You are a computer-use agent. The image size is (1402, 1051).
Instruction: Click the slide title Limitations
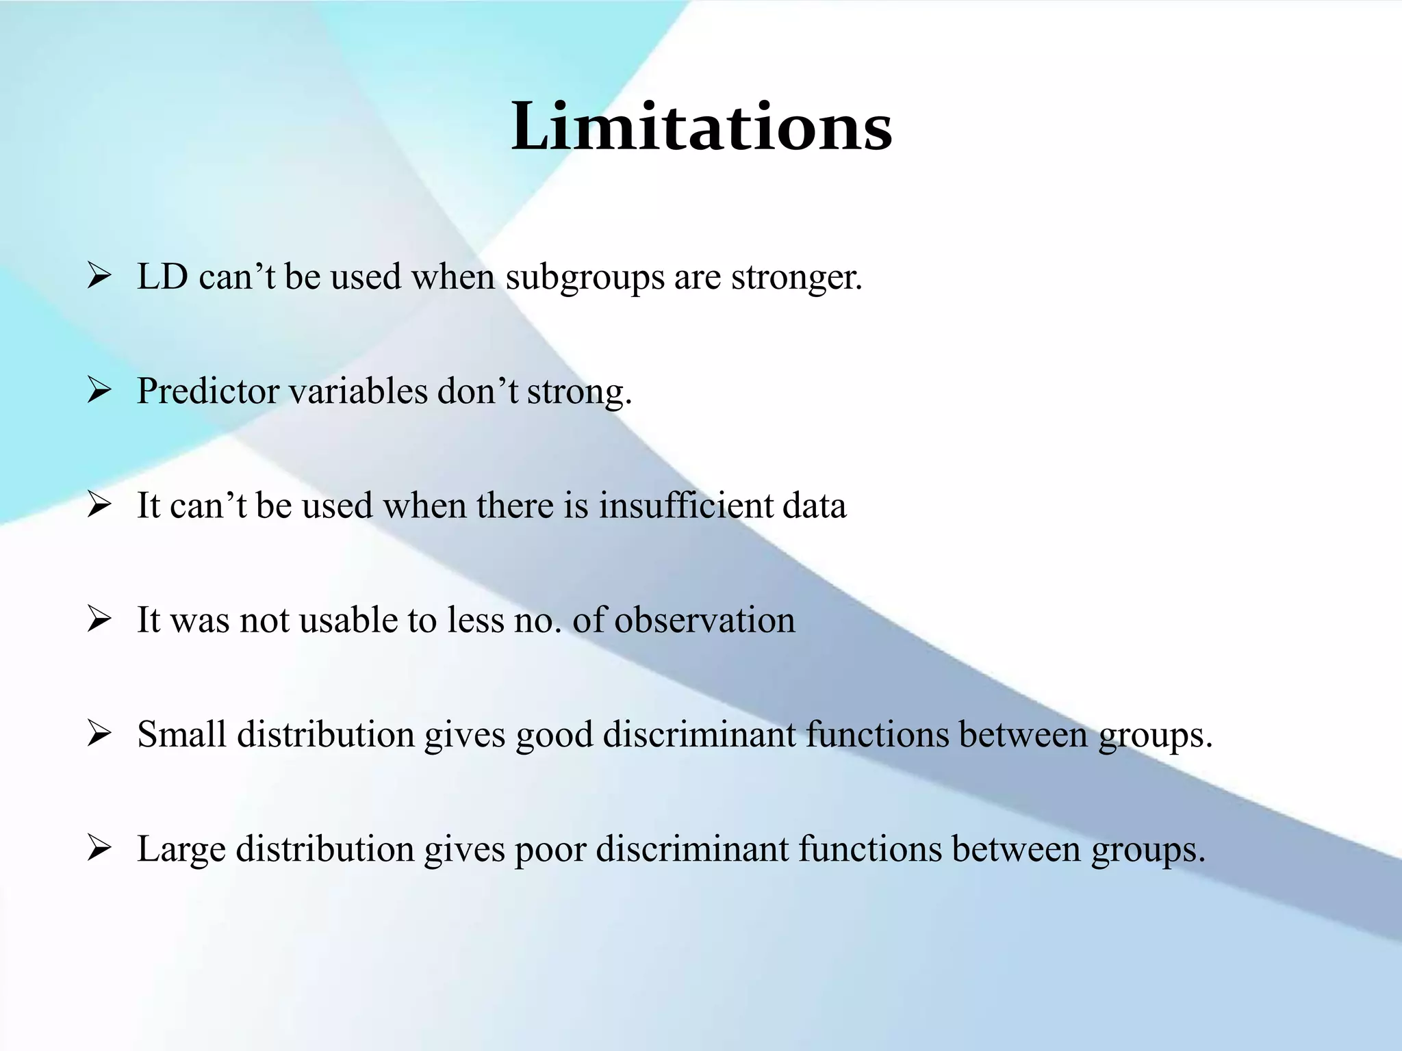(701, 127)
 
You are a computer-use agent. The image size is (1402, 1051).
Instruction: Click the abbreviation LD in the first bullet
(162, 277)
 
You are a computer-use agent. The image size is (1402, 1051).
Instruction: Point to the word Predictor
(208, 391)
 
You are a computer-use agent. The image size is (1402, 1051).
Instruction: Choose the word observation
(704, 620)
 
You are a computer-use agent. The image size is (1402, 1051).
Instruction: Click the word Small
(181, 734)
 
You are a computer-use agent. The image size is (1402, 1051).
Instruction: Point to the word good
(554, 736)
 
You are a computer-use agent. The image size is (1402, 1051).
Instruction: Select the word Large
(181, 850)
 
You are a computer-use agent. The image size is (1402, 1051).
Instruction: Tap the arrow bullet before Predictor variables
(99, 391)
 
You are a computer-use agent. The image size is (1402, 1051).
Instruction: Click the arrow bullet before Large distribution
(99, 849)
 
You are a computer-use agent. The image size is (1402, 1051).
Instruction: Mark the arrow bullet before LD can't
(99, 277)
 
